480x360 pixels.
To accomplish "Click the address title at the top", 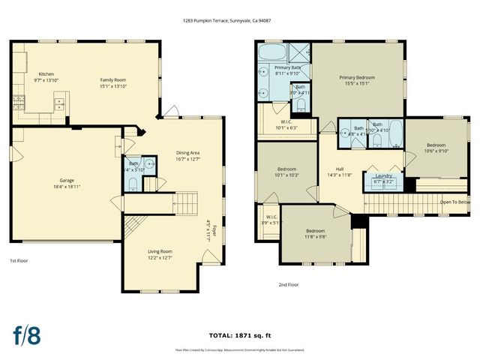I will [x=237, y=21].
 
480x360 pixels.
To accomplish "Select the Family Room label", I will [x=114, y=81].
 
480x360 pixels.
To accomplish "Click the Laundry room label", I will [x=384, y=178].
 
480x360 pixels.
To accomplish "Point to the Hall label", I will [x=339, y=172].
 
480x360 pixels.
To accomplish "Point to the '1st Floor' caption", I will [x=19, y=261].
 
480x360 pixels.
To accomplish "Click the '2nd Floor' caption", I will [x=288, y=285].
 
